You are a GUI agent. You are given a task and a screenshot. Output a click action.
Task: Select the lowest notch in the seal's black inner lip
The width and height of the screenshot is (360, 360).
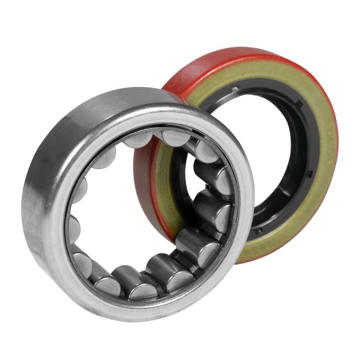pos(259,230)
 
